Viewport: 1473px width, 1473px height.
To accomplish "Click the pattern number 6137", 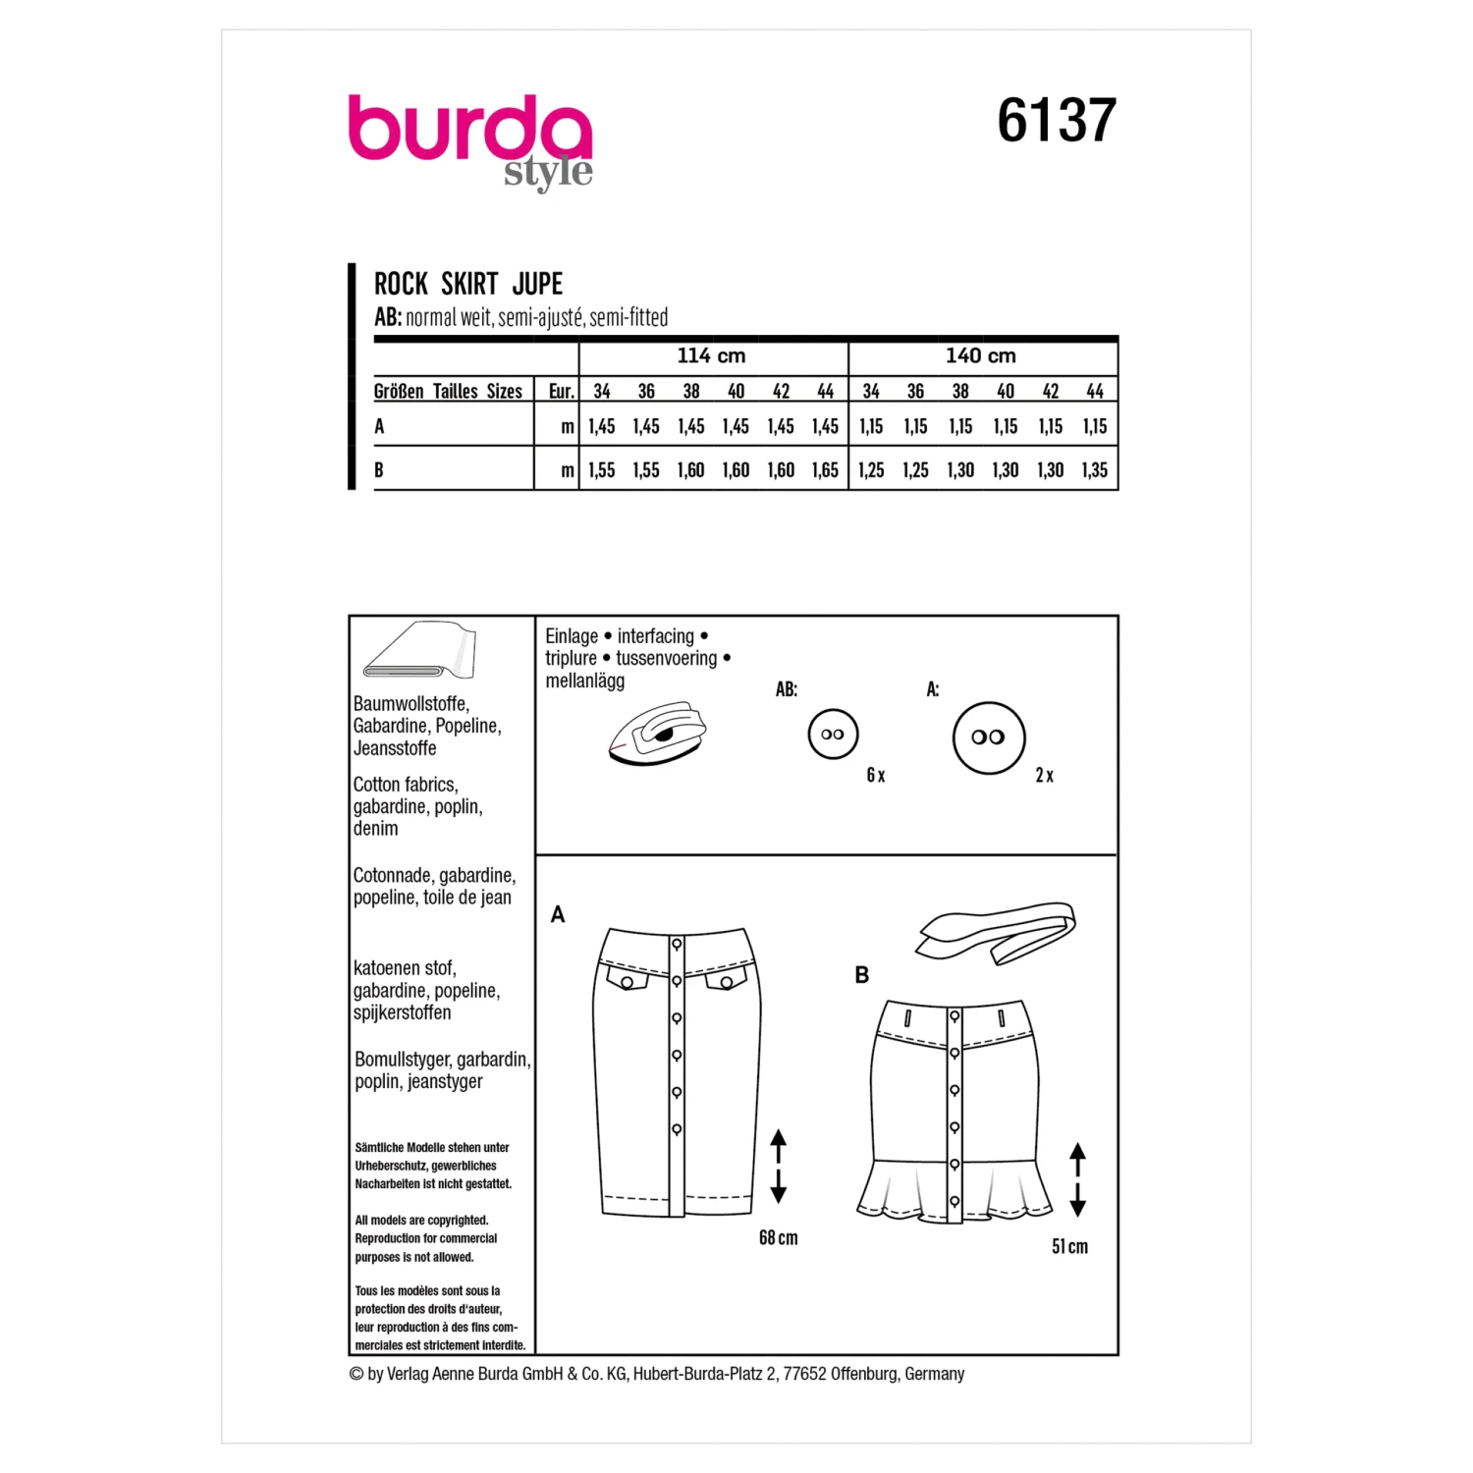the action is point(1057,121).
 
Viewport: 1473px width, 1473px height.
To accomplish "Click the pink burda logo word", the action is point(470,129).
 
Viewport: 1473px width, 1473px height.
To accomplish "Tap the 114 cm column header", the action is point(711,355).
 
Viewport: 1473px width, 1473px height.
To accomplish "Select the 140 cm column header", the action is point(981,355).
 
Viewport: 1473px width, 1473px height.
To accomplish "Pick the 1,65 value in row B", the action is point(825,470).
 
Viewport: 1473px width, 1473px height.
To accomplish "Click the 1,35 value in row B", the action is point(1094,470).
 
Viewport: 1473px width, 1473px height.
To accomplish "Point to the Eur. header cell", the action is point(561,391).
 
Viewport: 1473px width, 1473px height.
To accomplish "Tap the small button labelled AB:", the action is point(833,734).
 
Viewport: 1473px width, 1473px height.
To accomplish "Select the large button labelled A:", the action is point(989,737).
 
